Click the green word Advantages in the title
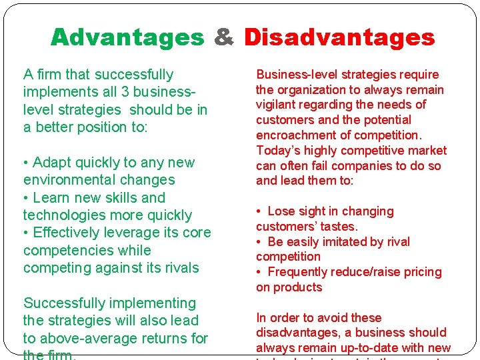127,37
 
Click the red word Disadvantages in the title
339,37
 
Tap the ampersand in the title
224,37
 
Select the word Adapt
52,163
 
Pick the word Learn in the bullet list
52,198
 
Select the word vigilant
277,105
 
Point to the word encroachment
292,135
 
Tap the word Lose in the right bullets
281,211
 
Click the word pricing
421,272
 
